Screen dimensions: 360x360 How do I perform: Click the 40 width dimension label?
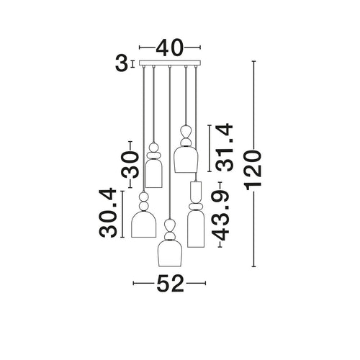(x=170, y=48)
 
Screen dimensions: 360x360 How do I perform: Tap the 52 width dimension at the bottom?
(x=170, y=284)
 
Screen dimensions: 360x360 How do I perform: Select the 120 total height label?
(x=253, y=170)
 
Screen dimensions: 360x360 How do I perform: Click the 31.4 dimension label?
(x=225, y=147)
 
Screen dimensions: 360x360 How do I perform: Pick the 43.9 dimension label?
(x=221, y=216)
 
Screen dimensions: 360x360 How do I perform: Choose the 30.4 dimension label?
(x=108, y=212)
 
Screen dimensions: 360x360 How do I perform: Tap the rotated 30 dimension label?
(x=130, y=165)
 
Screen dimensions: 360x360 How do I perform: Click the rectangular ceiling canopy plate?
(x=170, y=63)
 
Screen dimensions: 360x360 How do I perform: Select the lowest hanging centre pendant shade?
(x=170, y=253)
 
